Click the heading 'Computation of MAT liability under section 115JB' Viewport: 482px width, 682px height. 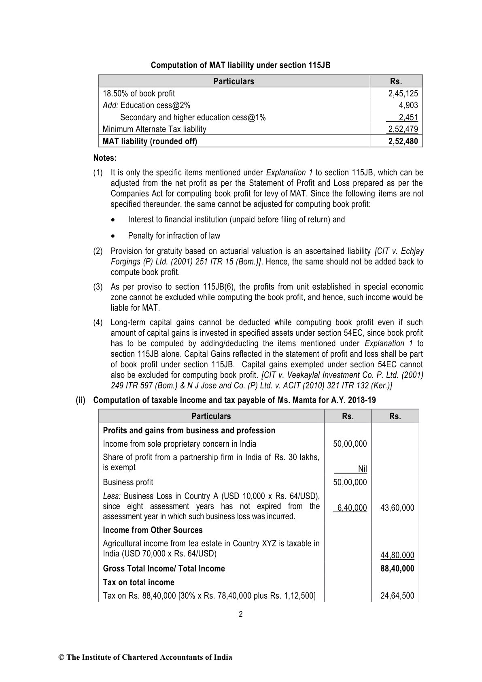click(x=240, y=65)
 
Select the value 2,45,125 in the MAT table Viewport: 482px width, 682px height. click(x=403, y=94)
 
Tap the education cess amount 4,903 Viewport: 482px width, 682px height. click(x=408, y=105)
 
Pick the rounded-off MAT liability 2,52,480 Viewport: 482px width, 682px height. click(x=403, y=141)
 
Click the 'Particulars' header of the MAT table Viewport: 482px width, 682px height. click(x=234, y=81)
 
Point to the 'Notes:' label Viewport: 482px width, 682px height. click(x=105, y=158)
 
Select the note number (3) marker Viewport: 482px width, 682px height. click(x=98, y=287)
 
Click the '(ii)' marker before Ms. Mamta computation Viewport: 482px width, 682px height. click(x=81, y=401)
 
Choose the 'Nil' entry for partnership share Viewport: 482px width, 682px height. click(x=362, y=469)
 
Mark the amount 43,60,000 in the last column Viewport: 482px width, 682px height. click(x=397, y=508)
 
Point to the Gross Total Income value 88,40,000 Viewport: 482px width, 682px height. click(x=397, y=569)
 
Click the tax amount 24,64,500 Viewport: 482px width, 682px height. click(x=397, y=596)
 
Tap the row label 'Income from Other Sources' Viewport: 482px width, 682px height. click(x=152, y=530)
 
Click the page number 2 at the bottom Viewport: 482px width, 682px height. click(x=241, y=614)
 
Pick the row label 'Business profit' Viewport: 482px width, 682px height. click(x=128, y=482)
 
